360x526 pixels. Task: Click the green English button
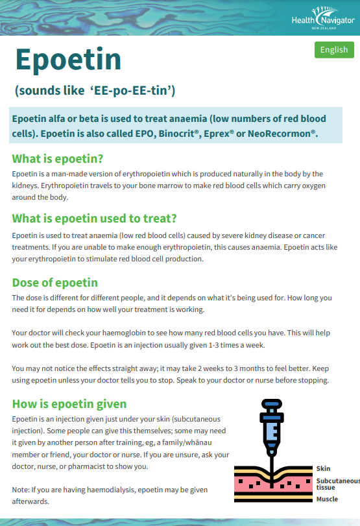[334, 49]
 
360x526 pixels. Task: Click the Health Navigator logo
[322, 19]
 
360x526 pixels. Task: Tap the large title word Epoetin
[68, 60]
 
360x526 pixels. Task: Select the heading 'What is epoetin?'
[58, 159]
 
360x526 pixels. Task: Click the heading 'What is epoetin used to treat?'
[94, 218]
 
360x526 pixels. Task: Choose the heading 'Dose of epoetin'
[55, 283]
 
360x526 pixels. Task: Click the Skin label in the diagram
[323, 468]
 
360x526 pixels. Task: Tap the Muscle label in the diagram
[327, 499]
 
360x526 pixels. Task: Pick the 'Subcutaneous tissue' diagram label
[337, 483]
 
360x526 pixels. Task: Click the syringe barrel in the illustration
[272, 431]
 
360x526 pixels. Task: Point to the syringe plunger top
[272, 402]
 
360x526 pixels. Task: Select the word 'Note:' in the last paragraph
[21, 489]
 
